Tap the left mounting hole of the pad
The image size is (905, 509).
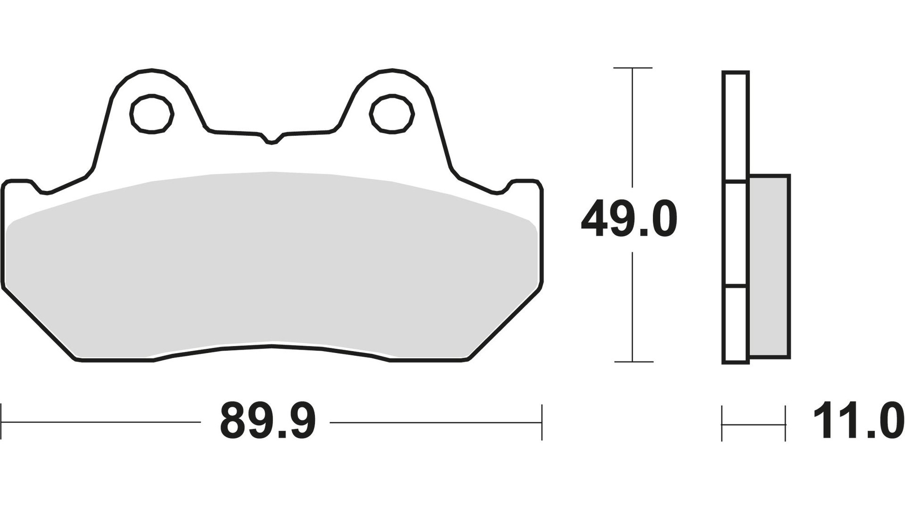[152, 114]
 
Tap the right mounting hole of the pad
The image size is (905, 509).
[392, 114]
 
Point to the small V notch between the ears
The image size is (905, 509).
[271, 140]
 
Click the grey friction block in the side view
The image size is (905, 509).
[769, 266]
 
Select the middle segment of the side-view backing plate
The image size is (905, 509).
[735, 234]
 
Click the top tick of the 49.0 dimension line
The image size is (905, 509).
[633, 68]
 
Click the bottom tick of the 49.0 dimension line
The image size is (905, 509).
[633, 361]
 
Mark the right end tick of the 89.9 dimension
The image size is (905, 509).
[542, 422]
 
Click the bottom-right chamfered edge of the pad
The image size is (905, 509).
[505, 324]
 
